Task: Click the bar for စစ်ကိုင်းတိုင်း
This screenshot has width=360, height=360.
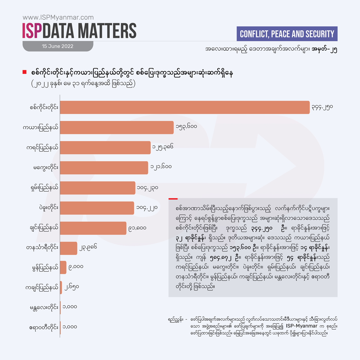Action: [185, 107]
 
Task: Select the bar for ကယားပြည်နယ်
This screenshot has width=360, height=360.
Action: [117, 127]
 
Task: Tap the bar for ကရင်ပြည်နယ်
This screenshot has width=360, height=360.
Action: [105, 148]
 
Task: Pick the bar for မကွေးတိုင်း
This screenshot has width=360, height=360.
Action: [104, 168]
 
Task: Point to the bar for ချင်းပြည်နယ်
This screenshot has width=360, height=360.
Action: [93, 228]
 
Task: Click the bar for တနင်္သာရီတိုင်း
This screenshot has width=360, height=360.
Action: [69, 248]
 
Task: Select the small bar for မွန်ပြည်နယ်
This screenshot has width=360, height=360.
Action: [63, 268]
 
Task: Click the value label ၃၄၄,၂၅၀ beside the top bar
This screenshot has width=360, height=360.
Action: [322, 107]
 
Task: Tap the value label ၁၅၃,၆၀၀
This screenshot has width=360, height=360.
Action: [186, 126]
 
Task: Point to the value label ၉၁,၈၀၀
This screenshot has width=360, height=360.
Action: [137, 228]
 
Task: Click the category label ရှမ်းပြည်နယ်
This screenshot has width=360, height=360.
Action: [43, 188]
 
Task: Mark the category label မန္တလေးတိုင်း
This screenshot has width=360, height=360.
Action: [44, 307]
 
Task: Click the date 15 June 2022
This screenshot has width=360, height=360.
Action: [57, 46]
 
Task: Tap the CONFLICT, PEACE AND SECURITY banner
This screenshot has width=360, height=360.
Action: [287, 34]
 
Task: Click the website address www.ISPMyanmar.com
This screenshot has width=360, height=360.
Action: [58, 18]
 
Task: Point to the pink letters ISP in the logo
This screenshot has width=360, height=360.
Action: [32, 31]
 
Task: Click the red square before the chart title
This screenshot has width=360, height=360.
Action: [24, 72]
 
